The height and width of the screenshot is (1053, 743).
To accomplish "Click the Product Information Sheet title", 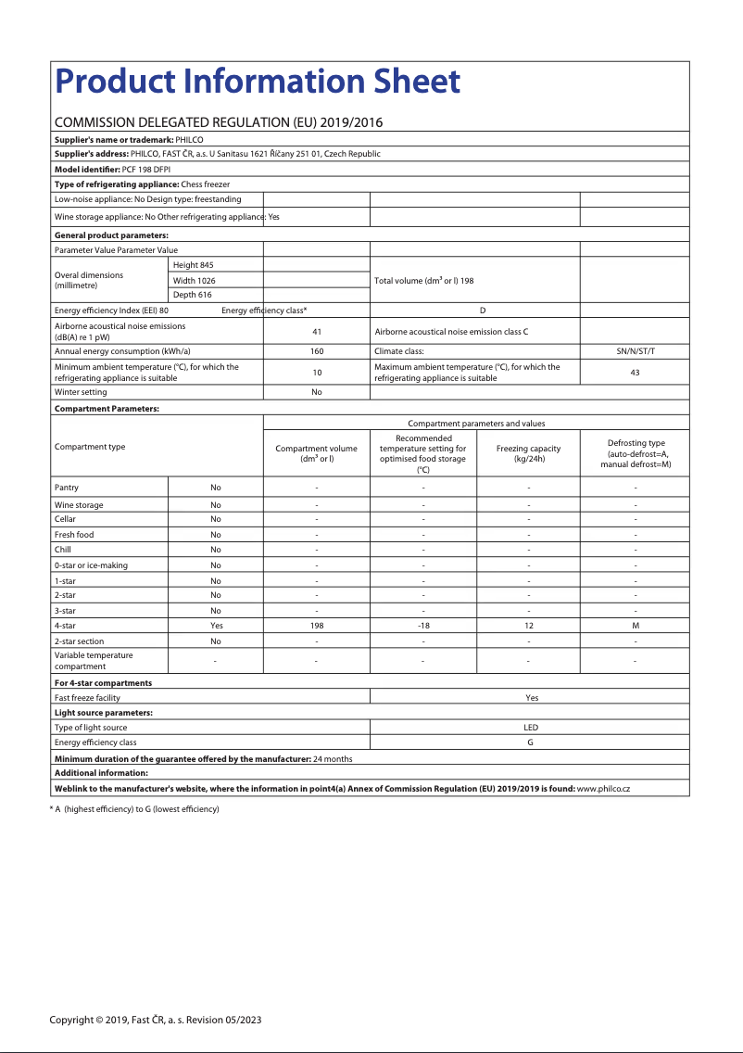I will coord(258,82).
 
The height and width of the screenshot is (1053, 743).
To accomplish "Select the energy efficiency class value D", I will coord(483,311).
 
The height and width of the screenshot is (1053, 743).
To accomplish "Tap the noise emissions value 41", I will coord(316,331).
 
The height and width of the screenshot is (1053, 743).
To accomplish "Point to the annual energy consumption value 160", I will coord(316,351).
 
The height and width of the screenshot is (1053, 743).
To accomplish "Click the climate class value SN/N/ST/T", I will coord(635,351).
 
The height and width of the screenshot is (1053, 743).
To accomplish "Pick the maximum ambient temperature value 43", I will coord(635,373).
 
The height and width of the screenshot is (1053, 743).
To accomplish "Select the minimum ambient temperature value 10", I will coord(316,373).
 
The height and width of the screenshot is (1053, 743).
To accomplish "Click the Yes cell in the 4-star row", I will coord(216,626).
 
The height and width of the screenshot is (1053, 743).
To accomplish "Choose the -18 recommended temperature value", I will coord(422,626).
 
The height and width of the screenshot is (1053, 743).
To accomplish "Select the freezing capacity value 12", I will coord(528,626).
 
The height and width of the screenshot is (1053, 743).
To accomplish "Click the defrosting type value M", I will coord(635,626).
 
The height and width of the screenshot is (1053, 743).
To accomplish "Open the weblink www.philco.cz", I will coord(603,788).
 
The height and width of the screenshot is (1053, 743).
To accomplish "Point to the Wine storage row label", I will coord(79,505).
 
